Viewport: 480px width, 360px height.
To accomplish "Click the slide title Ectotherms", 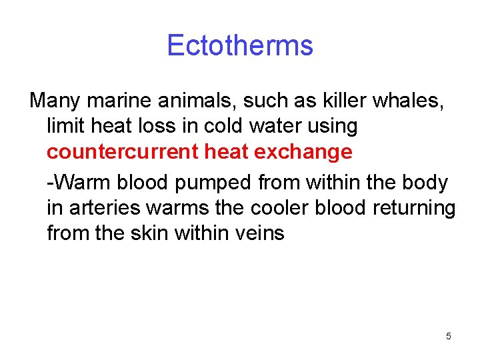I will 239,45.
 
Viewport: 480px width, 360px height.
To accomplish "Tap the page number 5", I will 448,336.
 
